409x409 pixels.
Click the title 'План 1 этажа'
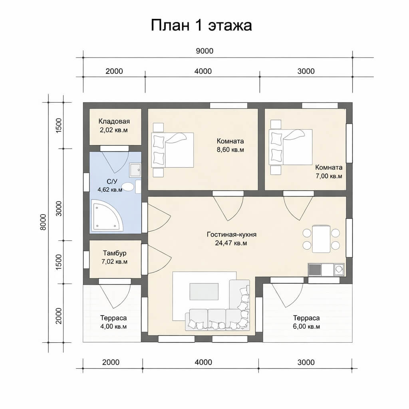coord(201,26)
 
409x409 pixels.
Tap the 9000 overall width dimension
coord(204,51)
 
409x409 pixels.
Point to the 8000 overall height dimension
coord(43,222)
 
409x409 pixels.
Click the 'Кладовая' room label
coord(114,121)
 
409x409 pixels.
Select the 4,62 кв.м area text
coord(110,190)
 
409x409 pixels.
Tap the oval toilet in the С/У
coord(128,187)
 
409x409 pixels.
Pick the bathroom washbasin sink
coord(135,170)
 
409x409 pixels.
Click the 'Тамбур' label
coord(115,253)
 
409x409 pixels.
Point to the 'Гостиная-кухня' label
coord(232,234)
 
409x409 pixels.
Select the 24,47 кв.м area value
coord(231,243)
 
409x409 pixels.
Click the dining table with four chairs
coord(321,239)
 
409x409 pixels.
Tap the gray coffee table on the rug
coord(204,291)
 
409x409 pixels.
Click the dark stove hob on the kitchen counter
coord(315,270)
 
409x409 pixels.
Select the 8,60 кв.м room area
coord(230,150)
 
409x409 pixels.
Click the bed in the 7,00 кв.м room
coord(291,147)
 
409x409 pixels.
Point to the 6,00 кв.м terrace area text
coord(306,326)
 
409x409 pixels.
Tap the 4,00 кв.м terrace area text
coord(113,326)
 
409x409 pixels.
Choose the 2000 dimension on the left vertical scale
coord(59,316)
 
